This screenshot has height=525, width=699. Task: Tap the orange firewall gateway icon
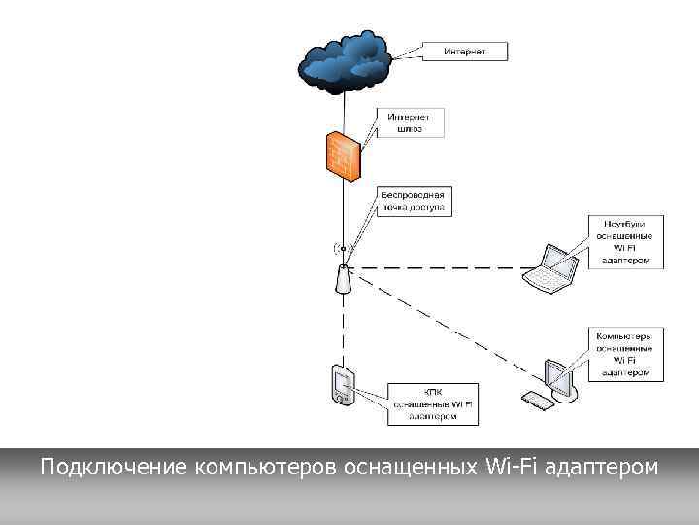point(343,156)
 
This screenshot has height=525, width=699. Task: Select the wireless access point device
point(343,278)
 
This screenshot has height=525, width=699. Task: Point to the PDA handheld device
point(342,385)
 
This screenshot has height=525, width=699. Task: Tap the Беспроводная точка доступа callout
point(412,201)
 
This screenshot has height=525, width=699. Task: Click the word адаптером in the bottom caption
point(602,468)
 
